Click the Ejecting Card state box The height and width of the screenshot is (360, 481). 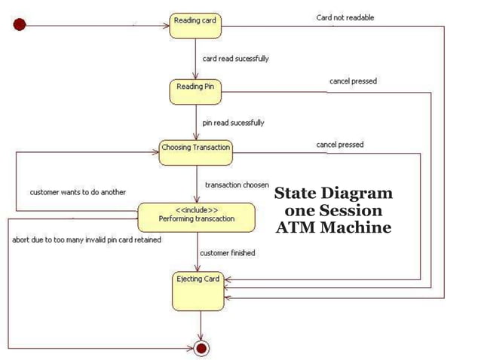198,291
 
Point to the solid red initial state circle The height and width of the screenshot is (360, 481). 20,25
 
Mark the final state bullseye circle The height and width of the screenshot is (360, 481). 201,347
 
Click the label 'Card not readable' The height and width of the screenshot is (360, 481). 345,17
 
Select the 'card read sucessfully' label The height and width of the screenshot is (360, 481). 235,58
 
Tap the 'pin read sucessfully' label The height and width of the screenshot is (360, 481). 233,122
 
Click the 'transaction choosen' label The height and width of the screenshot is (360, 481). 237,185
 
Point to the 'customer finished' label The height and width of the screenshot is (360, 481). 227,253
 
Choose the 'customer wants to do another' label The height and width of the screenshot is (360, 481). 78,192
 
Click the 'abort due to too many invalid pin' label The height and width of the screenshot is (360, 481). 86,239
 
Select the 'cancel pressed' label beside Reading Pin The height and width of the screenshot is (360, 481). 353,81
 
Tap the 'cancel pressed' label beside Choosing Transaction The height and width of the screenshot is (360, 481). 339,144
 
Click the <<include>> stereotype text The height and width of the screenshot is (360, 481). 197,209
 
